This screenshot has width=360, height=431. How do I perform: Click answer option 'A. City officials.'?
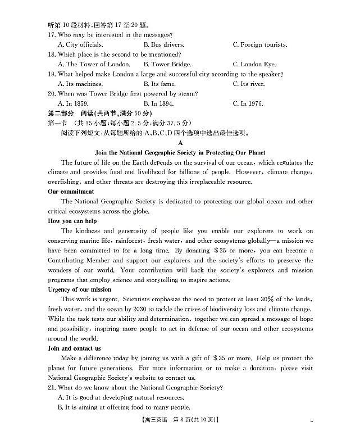click(80, 44)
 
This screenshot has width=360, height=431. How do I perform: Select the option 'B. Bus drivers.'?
click(164, 44)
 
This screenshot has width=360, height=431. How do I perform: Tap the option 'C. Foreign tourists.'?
click(259, 44)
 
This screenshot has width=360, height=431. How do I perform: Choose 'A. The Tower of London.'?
click(94, 64)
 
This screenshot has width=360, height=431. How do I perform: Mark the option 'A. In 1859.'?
click(76, 103)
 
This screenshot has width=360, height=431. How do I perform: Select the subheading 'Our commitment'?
click(71, 192)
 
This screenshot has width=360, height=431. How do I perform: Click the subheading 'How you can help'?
click(73, 221)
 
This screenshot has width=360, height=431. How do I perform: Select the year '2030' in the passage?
click(139, 309)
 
